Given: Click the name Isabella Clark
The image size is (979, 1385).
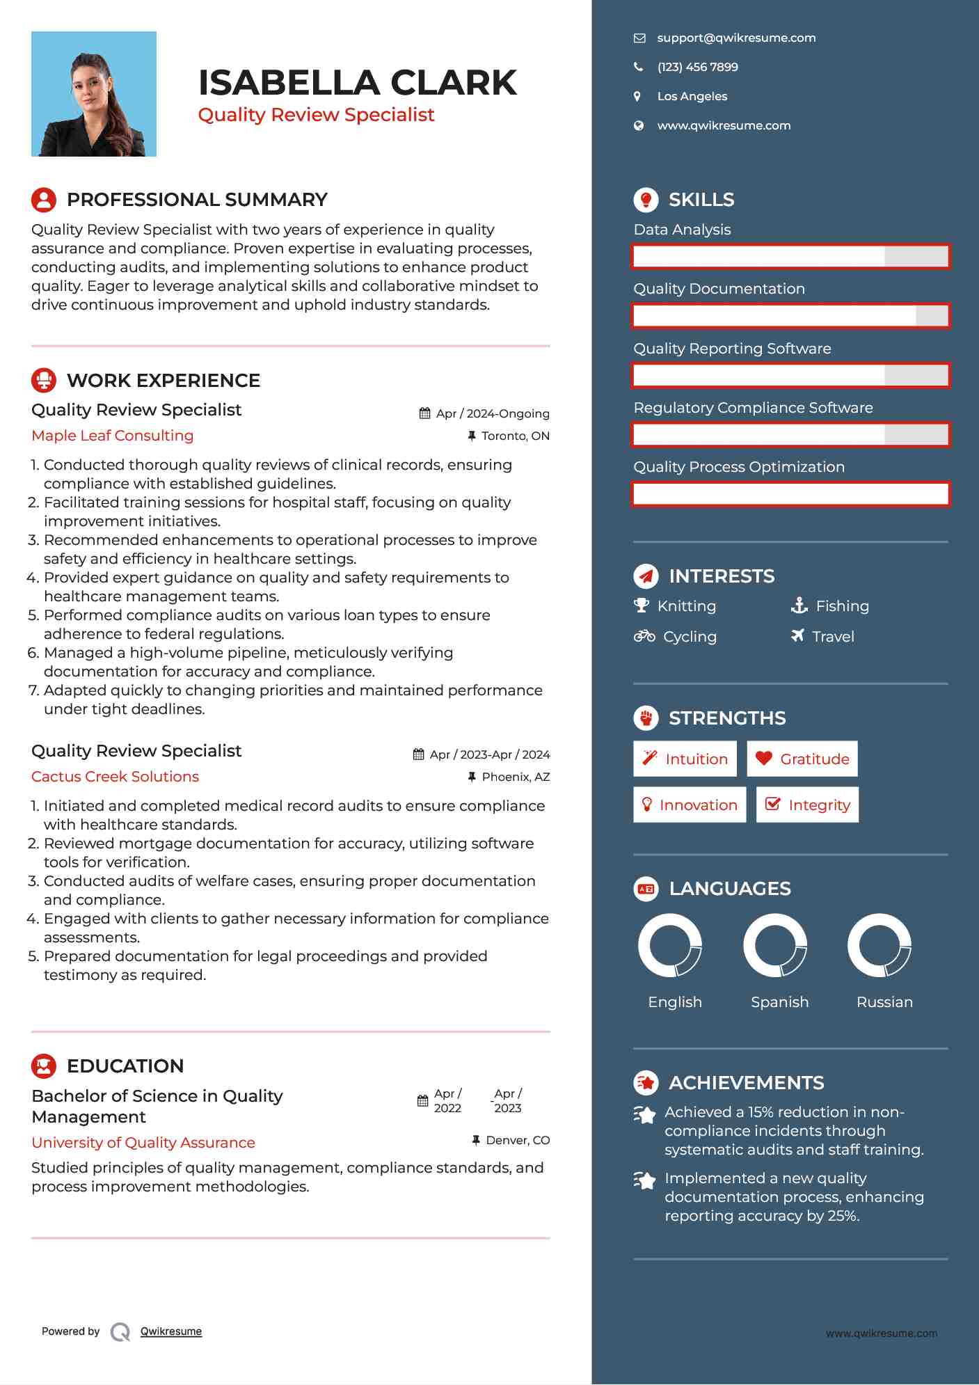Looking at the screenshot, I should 357,83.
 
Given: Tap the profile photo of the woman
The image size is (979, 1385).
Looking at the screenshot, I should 94,94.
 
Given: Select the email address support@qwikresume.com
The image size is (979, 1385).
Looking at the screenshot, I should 735,38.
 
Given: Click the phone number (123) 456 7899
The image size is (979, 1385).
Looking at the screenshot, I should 697,68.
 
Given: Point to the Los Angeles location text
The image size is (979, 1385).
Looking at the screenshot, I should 692,97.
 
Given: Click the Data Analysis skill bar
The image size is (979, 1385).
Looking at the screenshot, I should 790,257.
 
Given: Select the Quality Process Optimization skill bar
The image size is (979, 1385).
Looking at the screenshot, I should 790,494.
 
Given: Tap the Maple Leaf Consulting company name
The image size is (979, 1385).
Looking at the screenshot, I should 113,436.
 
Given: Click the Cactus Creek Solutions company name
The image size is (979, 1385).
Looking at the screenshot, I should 116,777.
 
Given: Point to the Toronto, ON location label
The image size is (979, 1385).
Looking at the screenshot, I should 515,436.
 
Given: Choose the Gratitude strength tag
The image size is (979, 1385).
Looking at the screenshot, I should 802,759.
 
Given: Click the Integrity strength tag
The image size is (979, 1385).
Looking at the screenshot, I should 807,805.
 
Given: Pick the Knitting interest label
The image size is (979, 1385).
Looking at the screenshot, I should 686,606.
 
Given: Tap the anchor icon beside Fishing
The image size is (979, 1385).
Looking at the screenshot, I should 799,606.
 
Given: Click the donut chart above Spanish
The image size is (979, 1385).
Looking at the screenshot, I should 774,946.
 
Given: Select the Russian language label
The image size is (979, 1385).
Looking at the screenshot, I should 884,1002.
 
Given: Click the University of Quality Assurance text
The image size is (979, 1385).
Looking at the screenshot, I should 143,1143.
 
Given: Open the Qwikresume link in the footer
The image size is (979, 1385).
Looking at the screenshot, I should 171,1331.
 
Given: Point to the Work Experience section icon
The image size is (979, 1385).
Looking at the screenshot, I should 44,381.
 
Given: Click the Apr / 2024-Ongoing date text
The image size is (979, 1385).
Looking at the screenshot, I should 493,414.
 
